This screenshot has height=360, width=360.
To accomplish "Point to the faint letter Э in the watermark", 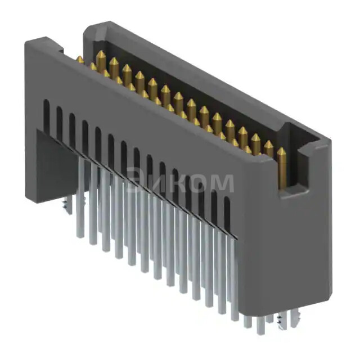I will (x=136, y=182).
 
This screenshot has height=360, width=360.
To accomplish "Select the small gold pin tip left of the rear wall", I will (x=80, y=60).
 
